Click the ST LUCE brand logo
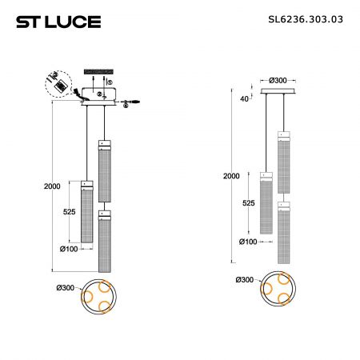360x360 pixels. (x=58, y=22)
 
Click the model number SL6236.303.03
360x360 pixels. (x=306, y=19)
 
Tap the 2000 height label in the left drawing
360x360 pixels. (x=52, y=186)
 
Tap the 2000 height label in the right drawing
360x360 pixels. (x=231, y=176)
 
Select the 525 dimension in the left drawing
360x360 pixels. (x=69, y=212)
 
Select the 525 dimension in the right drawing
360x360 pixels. (x=248, y=203)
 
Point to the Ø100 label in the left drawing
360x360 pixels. (x=69, y=249)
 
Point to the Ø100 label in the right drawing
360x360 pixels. (x=248, y=242)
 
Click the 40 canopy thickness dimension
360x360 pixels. (x=244, y=99)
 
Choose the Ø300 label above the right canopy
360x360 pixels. (x=278, y=80)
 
